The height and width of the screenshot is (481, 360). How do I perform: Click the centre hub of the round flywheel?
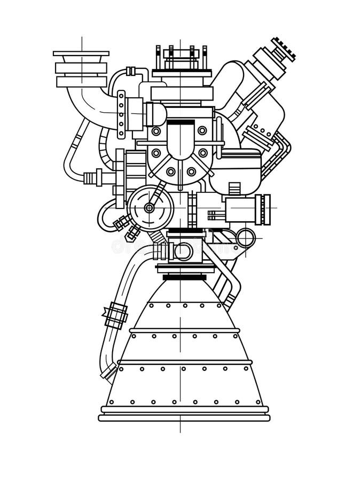[150, 207]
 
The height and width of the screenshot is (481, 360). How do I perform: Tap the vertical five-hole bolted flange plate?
[122, 114]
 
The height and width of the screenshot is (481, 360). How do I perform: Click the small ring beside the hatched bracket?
[246, 237]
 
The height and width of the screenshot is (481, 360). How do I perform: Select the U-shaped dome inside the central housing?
[180, 139]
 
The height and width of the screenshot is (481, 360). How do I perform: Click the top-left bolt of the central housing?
[156, 131]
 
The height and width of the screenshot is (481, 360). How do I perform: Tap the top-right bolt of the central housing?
[202, 130]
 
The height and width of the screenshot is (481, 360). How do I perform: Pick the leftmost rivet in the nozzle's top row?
[152, 306]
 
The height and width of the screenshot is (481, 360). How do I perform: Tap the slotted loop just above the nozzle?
[181, 251]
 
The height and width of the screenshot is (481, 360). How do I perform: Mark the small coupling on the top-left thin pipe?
[129, 71]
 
